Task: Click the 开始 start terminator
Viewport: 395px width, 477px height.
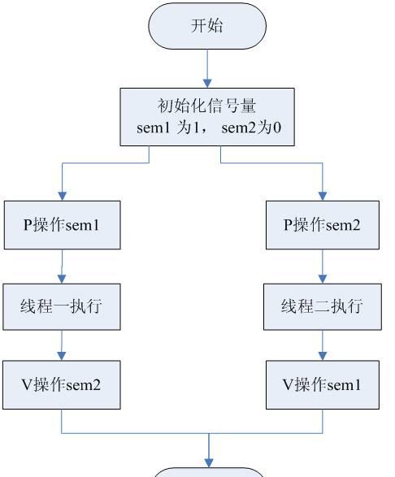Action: (x=207, y=25)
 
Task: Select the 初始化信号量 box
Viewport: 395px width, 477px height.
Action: (x=207, y=117)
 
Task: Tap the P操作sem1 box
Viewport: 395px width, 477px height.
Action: (x=62, y=225)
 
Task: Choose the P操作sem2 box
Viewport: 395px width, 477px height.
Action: (x=322, y=225)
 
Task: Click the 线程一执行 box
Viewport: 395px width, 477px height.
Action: (x=62, y=306)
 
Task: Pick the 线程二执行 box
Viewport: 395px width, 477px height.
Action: (x=322, y=306)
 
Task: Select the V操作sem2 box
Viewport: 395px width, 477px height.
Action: (x=62, y=384)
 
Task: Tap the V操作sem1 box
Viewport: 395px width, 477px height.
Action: (x=322, y=384)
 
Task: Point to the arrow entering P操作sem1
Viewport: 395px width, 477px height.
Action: (x=62, y=183)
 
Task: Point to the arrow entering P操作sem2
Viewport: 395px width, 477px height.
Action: (x=322, y=183)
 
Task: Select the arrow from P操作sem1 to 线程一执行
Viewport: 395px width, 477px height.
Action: (x=62, y=266)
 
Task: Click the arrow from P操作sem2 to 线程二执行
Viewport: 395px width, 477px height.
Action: (x=322, y=266)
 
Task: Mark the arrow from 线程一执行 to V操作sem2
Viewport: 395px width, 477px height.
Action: (x=62, y=345)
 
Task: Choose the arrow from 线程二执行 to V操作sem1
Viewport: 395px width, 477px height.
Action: (x=322, y=345)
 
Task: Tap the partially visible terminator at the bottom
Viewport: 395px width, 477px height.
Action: (x=209, y=472)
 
